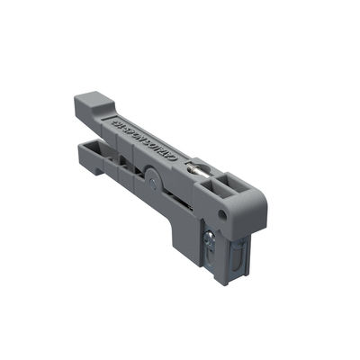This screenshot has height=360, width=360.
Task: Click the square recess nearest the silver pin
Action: tap(219, 184)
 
